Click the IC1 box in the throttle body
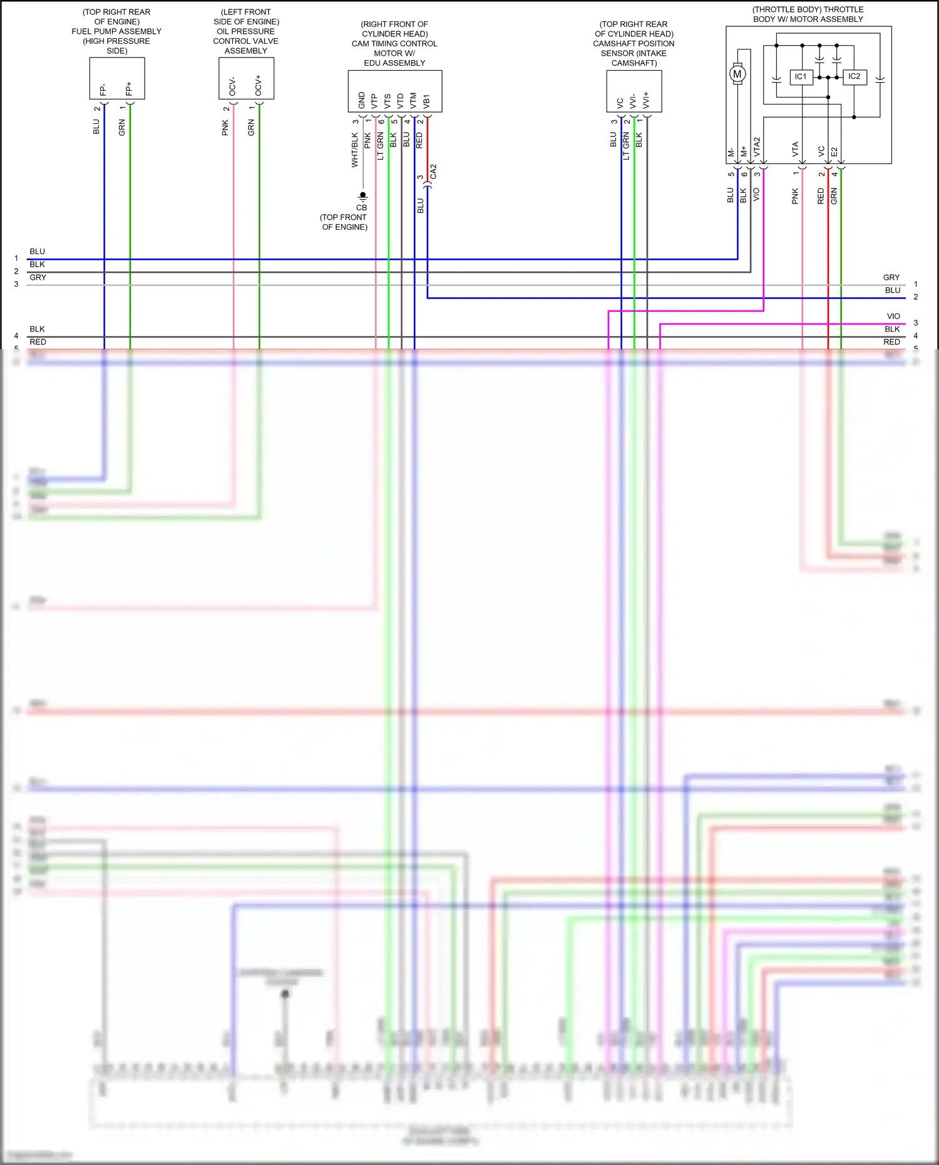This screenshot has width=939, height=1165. (801, 77)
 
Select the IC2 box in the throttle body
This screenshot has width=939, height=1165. (854, 77)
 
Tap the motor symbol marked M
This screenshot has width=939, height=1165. (737, 74)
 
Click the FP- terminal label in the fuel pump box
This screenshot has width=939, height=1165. (103, 90)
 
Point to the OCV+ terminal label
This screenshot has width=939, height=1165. (258, 86)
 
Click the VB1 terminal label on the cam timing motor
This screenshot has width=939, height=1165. (426, 101)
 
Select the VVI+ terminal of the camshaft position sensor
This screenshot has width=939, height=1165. (646, 100)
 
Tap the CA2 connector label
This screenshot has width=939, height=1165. (433, 172)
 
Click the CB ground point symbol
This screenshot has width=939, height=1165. (362, 196)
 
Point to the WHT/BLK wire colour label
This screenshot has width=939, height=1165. (355, 150)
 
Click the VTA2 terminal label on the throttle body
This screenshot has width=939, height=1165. (757, 147)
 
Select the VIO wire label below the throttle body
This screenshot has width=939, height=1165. (756, 195)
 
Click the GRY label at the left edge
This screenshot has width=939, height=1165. (38, 277)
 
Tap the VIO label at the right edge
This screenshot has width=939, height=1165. (893, 316)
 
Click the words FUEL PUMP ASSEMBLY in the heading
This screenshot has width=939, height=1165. (116, 31)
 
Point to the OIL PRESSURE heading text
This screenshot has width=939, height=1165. (245, 31)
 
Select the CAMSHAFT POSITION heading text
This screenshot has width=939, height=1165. (634, 44)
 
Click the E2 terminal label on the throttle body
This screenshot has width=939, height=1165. (834, 151)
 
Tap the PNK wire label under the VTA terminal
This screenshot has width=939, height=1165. (795, 196)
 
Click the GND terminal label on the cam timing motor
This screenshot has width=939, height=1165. (362, 100)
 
